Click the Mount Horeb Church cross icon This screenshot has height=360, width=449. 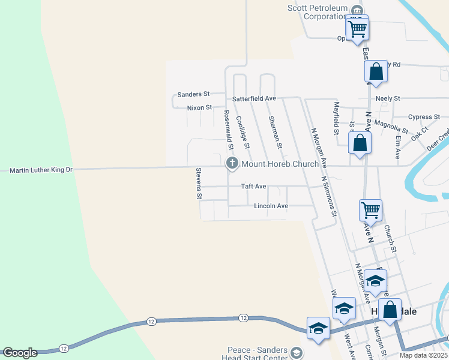(232, 163)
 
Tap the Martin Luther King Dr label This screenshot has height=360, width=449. (41, 170)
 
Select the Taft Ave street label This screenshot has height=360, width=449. (253, 187)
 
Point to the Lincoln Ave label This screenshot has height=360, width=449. (271, 206)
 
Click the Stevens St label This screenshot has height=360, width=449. (199, 184)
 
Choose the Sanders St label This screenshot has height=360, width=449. (193, 94)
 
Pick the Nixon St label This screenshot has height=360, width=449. (199, 107)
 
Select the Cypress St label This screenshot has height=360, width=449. (424, 117)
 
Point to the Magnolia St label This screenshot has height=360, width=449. (391, 127)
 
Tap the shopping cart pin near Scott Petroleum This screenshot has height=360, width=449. (357, 28)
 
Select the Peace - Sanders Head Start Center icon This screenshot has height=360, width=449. (296, 353)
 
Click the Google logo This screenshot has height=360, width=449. (20, 353)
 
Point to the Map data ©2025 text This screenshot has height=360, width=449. (423, 355)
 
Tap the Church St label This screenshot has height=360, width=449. (390, 238)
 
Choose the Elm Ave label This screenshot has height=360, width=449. (397, 146)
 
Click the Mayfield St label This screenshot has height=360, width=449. (336, 118)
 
